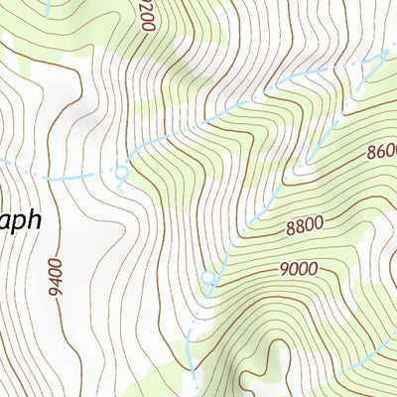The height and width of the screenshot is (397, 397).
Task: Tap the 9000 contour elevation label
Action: [x=298, y=269]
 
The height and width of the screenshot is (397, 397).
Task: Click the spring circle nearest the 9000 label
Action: [x=208, y=277]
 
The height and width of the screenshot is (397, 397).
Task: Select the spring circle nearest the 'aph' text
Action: [x=121, y=174]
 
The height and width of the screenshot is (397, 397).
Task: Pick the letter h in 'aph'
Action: [x=34, y=218]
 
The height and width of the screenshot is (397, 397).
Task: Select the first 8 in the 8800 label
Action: [x=288, y=228]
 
